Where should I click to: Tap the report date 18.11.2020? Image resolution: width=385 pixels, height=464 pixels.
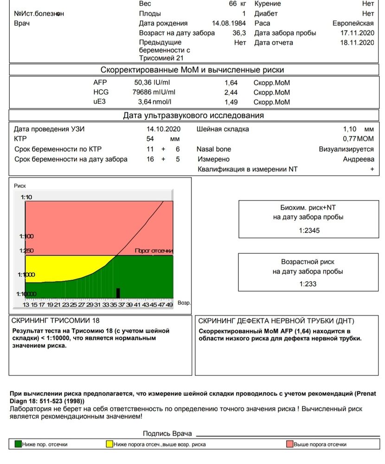tap(357, 43)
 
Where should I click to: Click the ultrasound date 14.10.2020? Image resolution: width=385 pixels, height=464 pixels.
tap(163, 129)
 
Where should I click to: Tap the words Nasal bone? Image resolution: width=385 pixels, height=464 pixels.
tap(213, 149)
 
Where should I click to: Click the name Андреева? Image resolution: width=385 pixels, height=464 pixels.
tap(358, 159)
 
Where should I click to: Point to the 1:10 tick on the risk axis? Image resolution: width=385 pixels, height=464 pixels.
tap(26, 197)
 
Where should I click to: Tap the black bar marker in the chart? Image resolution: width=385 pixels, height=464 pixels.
tap(118, 293)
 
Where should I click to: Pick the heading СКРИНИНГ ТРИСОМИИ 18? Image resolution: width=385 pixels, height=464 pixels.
tap(55, 321)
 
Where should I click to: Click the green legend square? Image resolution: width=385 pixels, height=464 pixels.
tap(18, 444)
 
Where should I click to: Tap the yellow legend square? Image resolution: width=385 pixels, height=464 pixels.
tap(109, 444)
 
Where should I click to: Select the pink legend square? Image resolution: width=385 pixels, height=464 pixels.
tap(289, 444)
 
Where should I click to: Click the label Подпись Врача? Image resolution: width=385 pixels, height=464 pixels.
tap(167, 433)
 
